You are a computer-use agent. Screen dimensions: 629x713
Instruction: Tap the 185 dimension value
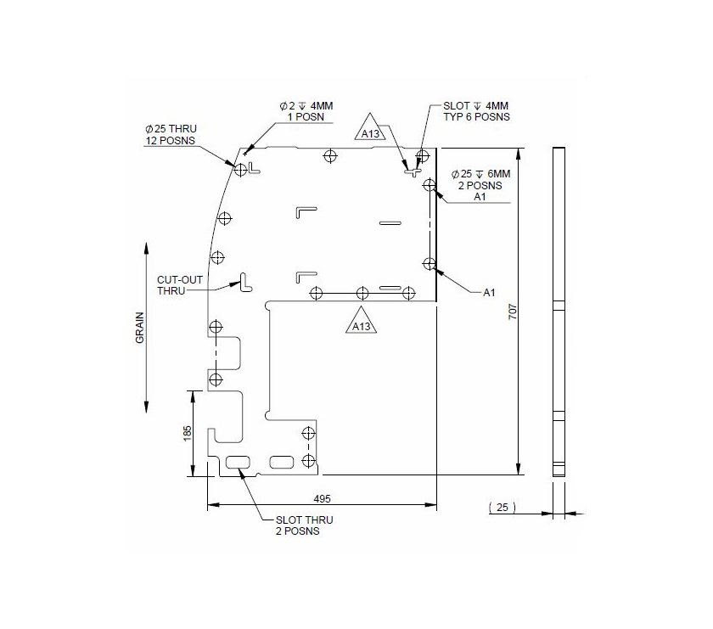coord(188,432)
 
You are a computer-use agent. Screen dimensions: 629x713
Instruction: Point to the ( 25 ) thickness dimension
coord(502,507)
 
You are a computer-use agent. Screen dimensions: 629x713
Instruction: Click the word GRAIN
coord(139,328)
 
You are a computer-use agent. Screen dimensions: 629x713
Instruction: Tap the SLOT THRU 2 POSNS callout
coord(304,525)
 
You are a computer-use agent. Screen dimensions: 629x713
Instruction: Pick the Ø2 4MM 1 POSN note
coord(306,110)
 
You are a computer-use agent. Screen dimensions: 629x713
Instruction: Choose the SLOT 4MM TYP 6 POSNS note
coord(476,111)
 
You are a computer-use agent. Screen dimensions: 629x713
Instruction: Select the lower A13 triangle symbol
coord(362,323)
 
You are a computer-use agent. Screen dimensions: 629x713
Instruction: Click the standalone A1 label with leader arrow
coord(489,293)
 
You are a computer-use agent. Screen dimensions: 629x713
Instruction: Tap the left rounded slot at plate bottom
coord(238,462)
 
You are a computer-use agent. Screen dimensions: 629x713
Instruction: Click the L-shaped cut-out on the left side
coord(244,282)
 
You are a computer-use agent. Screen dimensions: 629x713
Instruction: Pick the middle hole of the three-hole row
coord(362,293)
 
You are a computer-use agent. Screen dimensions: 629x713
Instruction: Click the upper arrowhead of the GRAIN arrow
coord(147,249)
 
